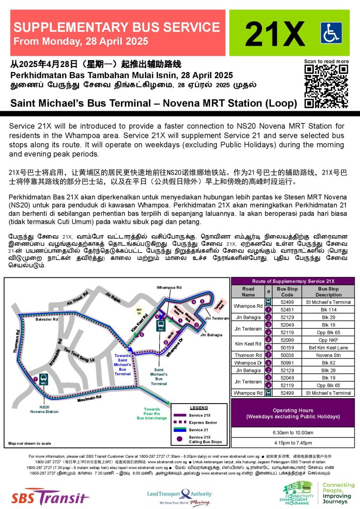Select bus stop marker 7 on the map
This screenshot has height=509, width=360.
(35, 379)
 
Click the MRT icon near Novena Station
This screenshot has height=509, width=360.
(43, 383)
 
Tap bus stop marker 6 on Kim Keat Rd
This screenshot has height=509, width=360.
(142, 335)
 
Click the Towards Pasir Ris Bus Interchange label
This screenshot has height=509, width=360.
(152, 414)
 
